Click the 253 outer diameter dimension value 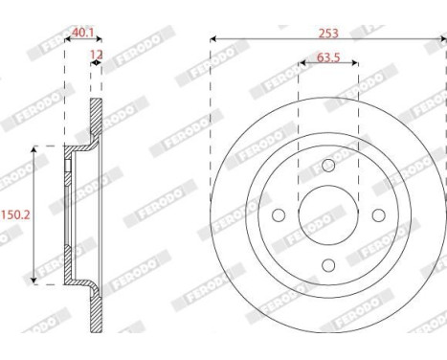327,31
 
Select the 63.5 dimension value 327,58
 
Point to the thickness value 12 96,56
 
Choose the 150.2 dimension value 14,214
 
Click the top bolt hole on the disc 327,169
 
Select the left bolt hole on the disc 279,215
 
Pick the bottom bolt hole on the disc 327,263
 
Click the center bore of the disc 327,215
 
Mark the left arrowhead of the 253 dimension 212,39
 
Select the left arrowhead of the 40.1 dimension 65,39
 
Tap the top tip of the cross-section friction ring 97,101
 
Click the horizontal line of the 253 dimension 287,39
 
